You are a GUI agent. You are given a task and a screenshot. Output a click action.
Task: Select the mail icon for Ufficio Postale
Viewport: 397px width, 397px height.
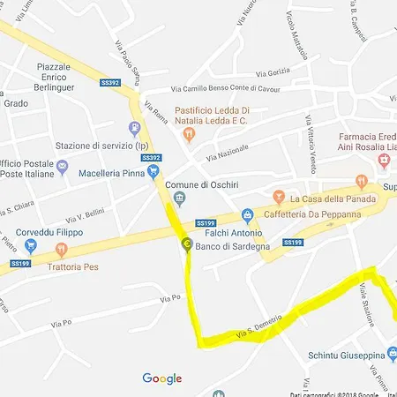[x=62, y=166]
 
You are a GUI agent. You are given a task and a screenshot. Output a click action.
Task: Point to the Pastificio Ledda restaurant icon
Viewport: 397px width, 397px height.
[x=188, y=134]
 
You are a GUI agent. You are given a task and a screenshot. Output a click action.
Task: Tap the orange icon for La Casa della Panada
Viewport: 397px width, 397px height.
[x=279, y=196]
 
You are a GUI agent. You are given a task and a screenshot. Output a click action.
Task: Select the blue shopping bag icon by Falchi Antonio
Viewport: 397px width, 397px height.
[x=248, y=214]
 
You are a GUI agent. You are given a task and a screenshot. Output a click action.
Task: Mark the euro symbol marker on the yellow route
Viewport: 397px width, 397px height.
[x=186, y=244]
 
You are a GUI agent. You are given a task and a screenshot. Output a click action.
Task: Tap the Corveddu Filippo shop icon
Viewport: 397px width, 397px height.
[x=32, y=248]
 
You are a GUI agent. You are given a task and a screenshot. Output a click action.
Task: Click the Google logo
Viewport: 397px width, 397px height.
[x=162, y=378]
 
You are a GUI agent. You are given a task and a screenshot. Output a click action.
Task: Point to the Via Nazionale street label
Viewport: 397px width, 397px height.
[x=227, y=152]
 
